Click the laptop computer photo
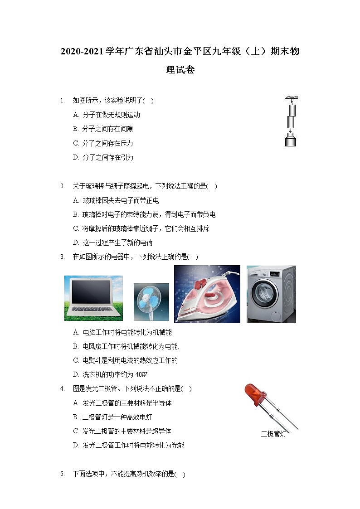(93, 298)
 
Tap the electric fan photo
(151, 302)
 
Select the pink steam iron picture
(207, 294)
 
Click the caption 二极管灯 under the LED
(273, 434)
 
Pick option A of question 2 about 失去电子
(116, 200)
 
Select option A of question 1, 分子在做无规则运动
(107, 115)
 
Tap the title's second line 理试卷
(180, 70)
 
